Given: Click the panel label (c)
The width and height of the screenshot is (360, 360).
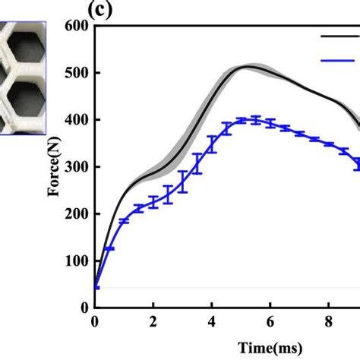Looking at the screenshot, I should click(101, 10).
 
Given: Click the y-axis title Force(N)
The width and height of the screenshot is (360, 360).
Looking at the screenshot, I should click(55, 167).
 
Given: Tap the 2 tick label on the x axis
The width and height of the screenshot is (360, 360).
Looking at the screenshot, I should click(153, 322).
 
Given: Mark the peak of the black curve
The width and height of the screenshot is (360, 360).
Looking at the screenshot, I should click(245, 67).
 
